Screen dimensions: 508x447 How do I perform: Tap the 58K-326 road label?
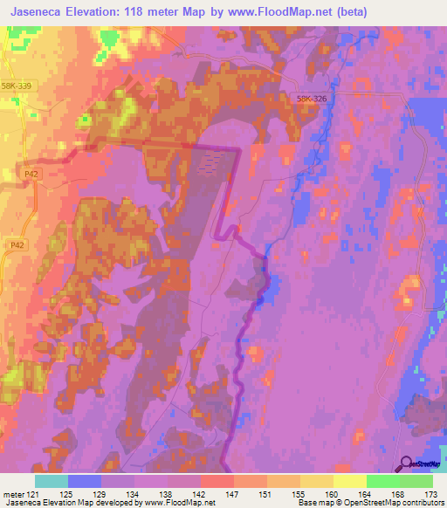pos(314,100)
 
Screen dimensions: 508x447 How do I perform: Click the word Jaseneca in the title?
pos(39,12)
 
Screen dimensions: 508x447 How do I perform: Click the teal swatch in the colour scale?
pos(51,481)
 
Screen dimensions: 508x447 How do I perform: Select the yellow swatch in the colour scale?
pos(349,481)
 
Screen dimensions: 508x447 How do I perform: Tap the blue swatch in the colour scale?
pos(84,481)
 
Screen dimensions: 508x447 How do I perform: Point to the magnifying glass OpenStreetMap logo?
pos(406,463)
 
